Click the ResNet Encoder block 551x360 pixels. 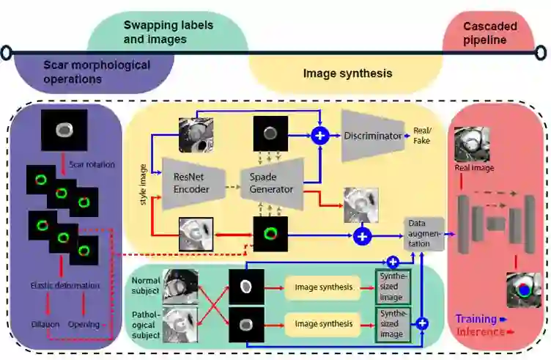(x=192, y=183)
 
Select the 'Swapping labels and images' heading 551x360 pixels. (x=168, y=32)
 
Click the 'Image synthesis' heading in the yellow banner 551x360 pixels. (x=347, y=73)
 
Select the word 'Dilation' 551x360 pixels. (x=45, y=324)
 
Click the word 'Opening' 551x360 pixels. (x=84, y=324)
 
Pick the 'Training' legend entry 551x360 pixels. (x=476, y=320)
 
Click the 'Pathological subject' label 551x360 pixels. (x=146, y=323)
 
